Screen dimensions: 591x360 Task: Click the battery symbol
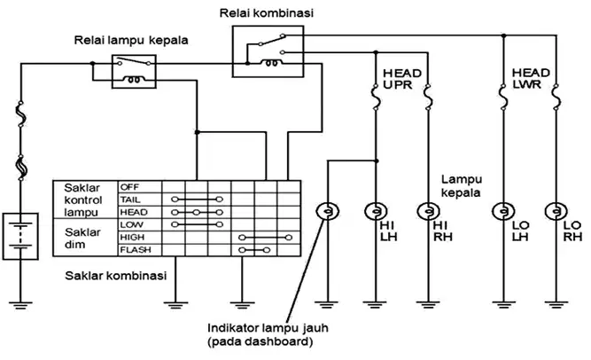20,236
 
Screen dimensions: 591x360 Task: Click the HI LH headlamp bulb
376,211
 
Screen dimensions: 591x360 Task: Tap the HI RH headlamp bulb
428,211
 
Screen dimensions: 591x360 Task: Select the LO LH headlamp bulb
503,211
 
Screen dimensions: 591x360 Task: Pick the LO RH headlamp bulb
556,211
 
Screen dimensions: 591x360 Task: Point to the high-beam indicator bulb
327,211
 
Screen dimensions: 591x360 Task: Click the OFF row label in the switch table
129,187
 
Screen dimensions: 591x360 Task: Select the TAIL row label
130,200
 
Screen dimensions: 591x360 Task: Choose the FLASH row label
136,250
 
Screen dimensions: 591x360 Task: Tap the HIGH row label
132,238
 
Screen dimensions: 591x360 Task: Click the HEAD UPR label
402,79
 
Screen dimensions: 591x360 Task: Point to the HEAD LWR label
531,79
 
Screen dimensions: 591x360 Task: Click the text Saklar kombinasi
116,276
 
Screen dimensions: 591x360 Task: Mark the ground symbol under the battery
20,305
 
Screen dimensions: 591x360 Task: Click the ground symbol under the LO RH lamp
556,305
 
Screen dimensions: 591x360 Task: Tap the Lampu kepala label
461,186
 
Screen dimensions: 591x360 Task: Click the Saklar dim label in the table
82,239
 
